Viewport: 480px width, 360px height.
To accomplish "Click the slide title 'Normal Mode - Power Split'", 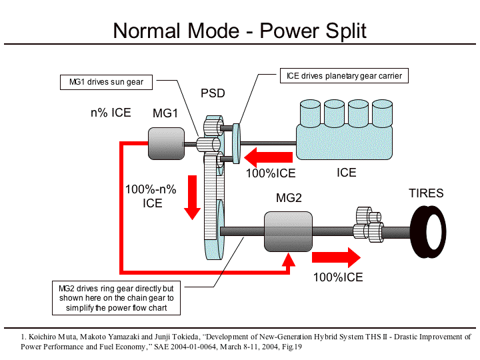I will tap(239, 30).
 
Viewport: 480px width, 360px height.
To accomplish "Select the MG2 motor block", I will tap(288, 231).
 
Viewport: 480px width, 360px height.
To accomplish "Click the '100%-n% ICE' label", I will tap(152, 196).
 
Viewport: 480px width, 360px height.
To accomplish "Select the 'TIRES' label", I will tap(425, 193).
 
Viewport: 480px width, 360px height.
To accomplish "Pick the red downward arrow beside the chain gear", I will tap(192, 197).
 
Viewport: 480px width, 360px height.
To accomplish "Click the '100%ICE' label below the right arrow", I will tap(338, 277).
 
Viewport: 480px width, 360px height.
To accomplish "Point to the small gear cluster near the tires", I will tap(369, 223).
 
